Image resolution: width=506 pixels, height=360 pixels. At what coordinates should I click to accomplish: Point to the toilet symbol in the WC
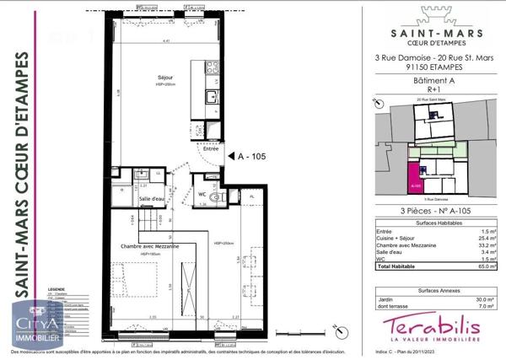pos(215,195)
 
